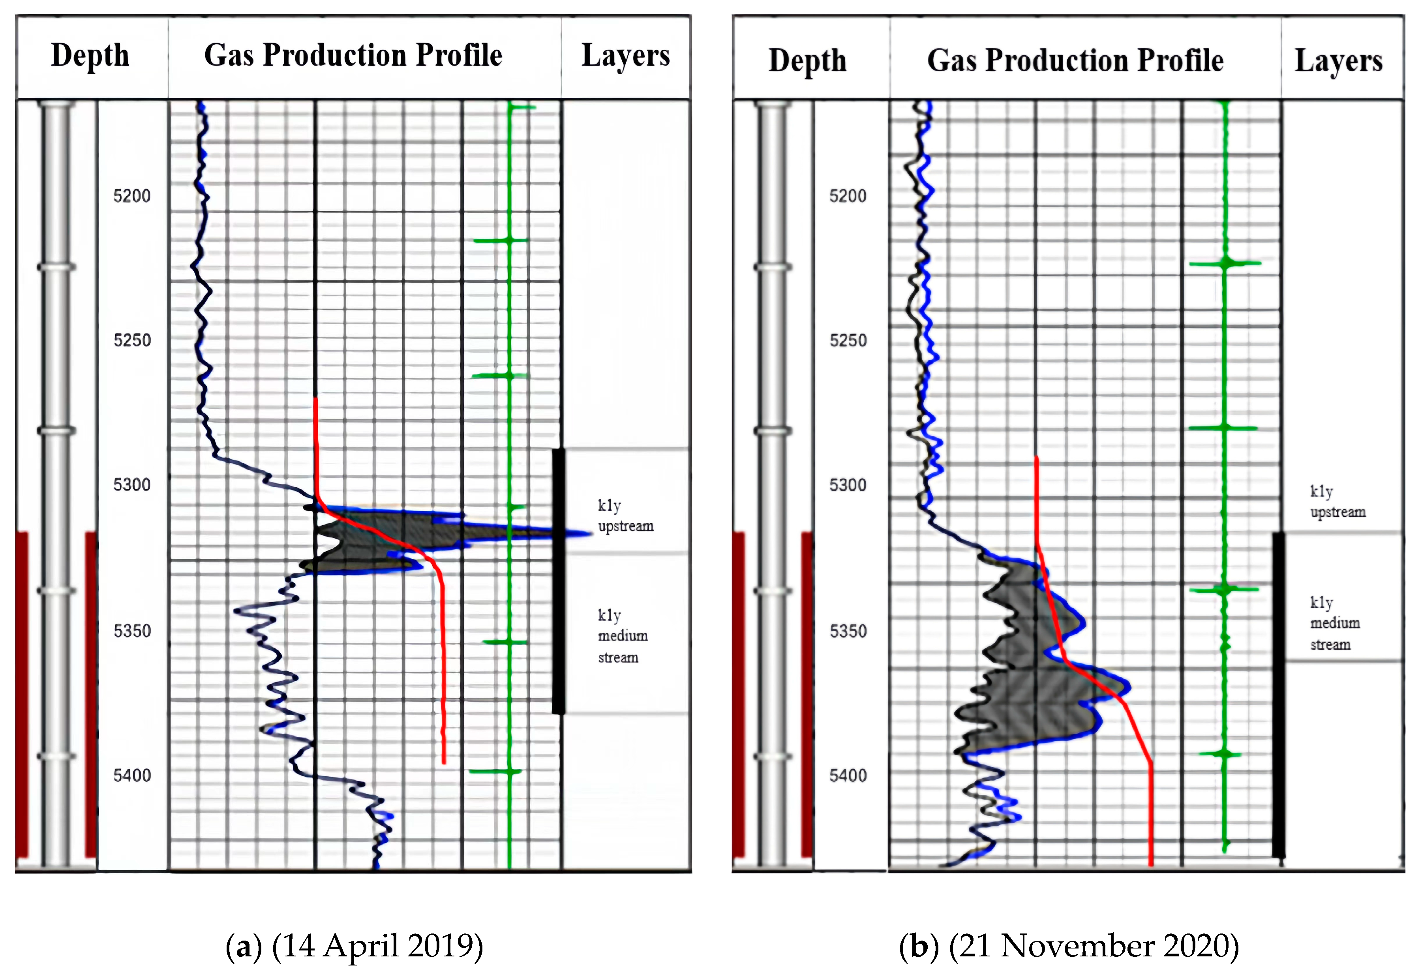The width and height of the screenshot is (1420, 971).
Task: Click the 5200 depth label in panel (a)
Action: click(x=132, y=196)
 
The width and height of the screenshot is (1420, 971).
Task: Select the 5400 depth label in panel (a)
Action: click(x=132, y=776)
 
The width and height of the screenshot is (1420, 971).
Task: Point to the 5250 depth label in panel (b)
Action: click(x=848, y=340)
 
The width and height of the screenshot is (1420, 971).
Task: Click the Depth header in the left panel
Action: click(x=90, y=56)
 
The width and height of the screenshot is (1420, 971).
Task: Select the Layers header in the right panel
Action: click(x=1338, y=61)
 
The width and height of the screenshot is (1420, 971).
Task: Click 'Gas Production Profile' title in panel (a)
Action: click(x=353, y=56)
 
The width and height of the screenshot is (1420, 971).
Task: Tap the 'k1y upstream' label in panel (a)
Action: click(x=625, y=516)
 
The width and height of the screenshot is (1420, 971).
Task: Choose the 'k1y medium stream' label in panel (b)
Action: click(x=1334, y=623)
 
